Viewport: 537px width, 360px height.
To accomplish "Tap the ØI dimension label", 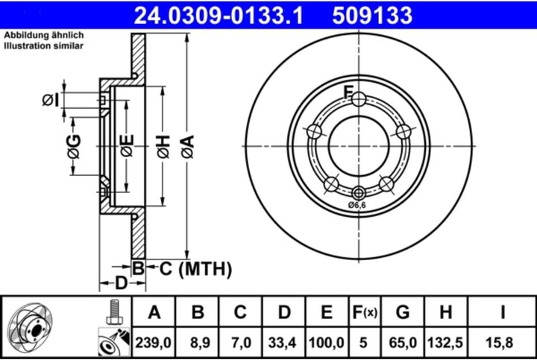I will [x=49, y=99].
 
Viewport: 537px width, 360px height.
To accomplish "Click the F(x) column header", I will [x=365, y=312].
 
